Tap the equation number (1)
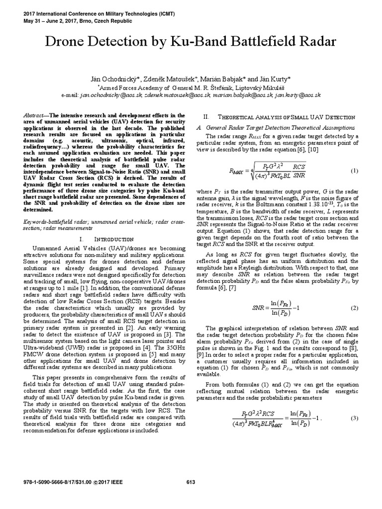coord(354,170)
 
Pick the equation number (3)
coord(354,418)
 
